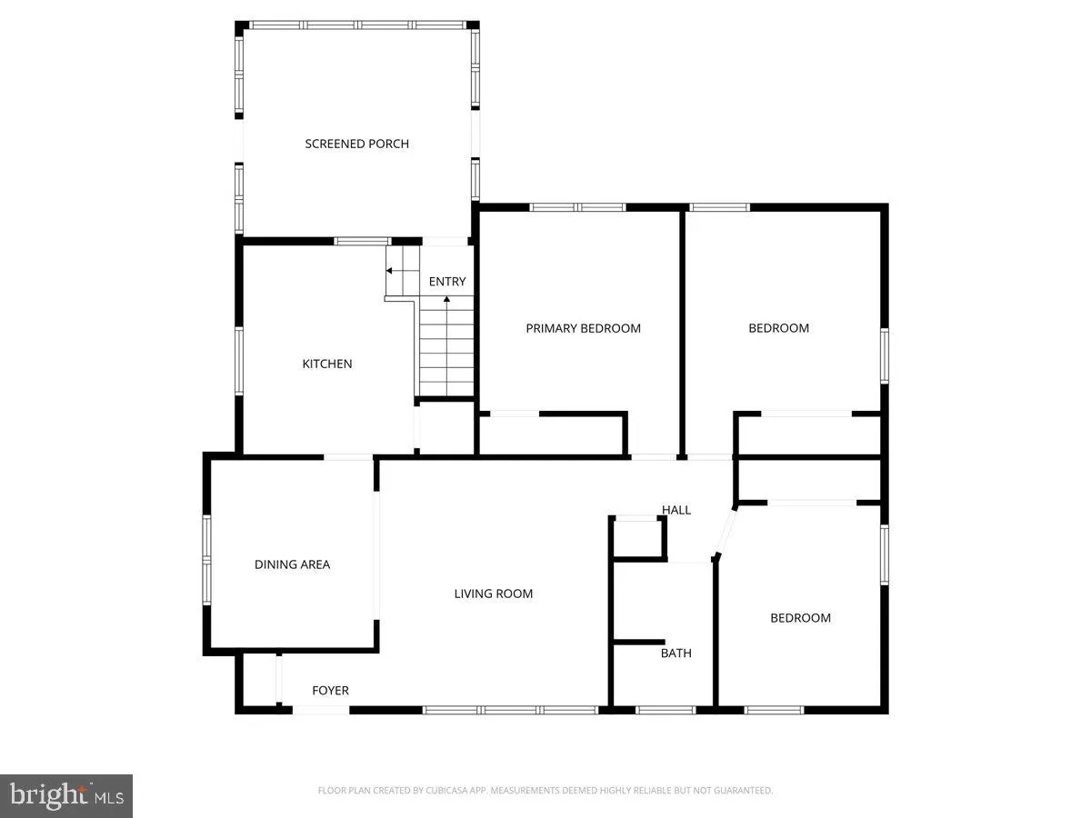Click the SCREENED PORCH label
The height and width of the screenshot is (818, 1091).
click(356, 144)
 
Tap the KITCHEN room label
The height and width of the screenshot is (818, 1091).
click(327, 364)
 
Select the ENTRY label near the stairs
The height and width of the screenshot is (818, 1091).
click(447, 282)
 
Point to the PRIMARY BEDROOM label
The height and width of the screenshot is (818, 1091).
click(583, 328)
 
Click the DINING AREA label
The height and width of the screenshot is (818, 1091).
click(292, 564)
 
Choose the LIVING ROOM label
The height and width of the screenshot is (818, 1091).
click(494, 594)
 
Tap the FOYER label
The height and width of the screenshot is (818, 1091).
click(330, 691)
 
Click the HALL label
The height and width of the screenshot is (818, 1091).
click(676, 510)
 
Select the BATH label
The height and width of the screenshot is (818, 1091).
click(676, 653)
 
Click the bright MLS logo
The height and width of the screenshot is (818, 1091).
click(66, 796)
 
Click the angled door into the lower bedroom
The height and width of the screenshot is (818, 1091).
click(726, 532)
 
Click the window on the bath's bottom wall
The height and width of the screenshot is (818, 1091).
click(666, 709)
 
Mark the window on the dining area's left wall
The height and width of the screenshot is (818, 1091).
click(207, 560)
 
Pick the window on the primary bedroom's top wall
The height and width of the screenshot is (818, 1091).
click(578, 207)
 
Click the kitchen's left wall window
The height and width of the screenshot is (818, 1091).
click(239, 361)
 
